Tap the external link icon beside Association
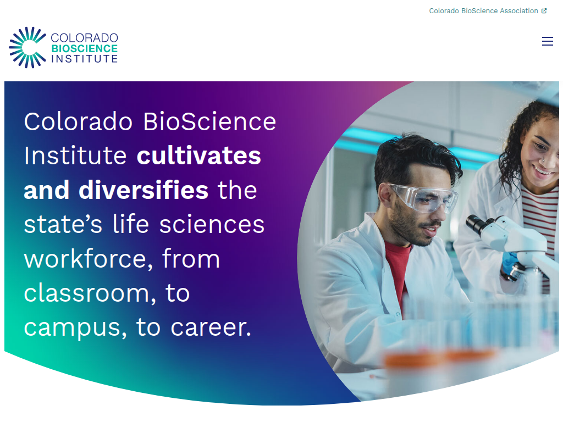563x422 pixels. [544, 11]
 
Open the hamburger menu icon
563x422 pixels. [547, 41]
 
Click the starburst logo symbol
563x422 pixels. [27, 47]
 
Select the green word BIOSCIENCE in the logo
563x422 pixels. [84, 49]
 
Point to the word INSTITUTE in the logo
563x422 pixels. [84, 58]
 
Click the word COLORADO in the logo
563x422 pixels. [84, 38]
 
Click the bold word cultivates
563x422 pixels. [198, 156]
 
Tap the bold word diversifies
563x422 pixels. [143, 190]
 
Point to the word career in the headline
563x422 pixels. [211, 328]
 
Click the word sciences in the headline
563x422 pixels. [212, 225]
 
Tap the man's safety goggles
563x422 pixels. [424, 197]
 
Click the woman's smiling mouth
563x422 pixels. [541, 170]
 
